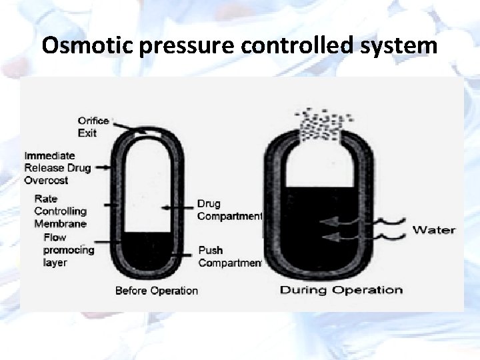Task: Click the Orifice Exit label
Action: point(93,127)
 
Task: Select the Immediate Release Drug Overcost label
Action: point(57,167)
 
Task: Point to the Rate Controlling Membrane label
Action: point(60,211)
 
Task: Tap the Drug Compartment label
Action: point(229,209)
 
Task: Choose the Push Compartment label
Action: point(229,256)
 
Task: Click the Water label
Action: point(433,230)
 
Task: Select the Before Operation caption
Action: point(156,291)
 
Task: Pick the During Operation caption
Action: point(341,290)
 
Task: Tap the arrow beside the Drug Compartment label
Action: point(179,209)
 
